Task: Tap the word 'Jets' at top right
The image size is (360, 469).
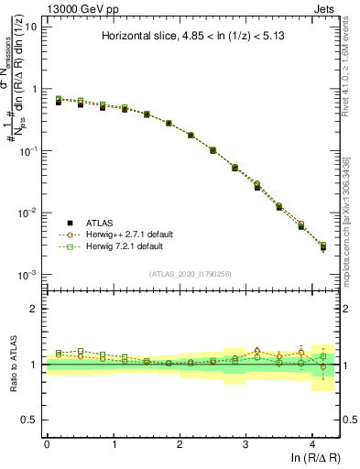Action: tap(325, 7)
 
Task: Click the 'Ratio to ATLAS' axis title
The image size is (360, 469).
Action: tap(14, 365)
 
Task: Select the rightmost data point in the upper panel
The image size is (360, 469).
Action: tap(322, 247)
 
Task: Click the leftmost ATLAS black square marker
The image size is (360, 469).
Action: tap(59, 103)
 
